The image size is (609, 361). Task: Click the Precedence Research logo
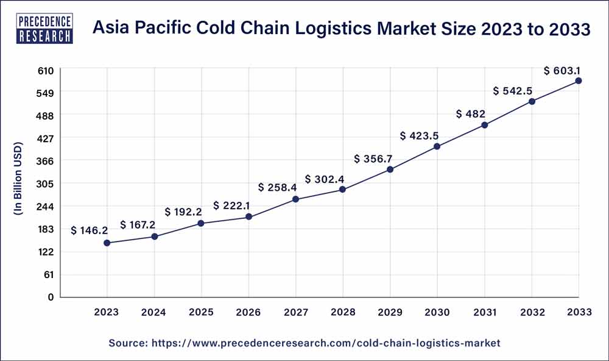[46, 29]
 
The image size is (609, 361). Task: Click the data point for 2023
[107, 243]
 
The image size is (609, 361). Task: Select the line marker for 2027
[295, 199]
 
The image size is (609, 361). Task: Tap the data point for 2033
[579, 80]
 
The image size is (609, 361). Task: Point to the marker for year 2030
[437, 146]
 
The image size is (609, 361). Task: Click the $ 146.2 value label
[90, 231]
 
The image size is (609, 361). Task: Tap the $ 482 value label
[471, 114]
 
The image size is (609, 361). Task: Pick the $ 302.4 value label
[324, 179]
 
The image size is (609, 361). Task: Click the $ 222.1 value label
[231, 206]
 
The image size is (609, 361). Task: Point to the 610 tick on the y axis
[47, 70]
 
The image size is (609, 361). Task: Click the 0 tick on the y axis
[52, 297]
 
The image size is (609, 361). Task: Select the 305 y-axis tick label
[46, 184]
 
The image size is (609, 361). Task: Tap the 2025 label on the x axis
[201, 312]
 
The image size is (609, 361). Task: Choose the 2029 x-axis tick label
[390, 312]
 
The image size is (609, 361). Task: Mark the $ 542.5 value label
[513, 91]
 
